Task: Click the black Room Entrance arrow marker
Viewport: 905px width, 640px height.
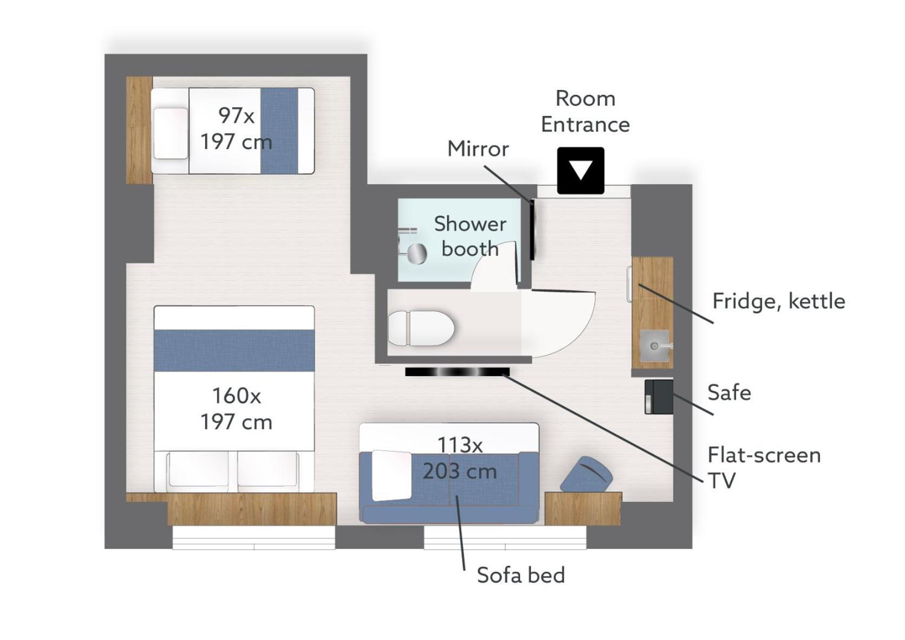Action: point(581,170)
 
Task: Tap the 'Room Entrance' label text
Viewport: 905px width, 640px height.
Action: point(585,111)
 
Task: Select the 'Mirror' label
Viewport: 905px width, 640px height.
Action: point(478,149)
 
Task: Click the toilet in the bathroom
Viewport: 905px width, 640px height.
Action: point(421,328)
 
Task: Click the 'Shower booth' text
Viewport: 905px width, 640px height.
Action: point(470,236)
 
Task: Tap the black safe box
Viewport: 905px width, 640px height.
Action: point(659,396)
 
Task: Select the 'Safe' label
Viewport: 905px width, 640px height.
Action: point(729,392)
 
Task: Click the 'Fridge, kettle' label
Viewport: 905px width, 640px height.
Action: point(779,301)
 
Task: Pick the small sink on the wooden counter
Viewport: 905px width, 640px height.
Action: point(654,346)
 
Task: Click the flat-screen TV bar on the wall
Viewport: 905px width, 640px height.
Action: point(457,372)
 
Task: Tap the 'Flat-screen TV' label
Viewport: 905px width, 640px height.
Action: point(764,468)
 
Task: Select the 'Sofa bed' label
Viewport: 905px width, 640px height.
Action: point(521,575)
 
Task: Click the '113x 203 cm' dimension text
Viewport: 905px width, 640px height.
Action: point(460,458)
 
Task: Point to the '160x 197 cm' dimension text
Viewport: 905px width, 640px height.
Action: point(236,409)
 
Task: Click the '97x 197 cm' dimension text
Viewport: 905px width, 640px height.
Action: point(236,128)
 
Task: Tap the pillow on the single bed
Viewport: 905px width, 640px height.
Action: point(171,133)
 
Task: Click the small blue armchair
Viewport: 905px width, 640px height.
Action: point(587,474)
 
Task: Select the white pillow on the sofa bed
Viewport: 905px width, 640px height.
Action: point(391,475)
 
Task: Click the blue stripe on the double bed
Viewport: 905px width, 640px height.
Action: point(234,351)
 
